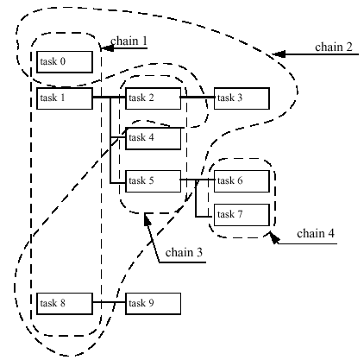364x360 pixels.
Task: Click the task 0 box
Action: [65, 62]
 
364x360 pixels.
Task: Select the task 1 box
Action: [65, 98]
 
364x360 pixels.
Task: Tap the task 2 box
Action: [154, 98]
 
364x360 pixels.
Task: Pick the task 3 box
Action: [242, 98]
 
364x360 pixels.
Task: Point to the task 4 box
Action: [154, 138]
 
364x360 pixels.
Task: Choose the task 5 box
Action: [154, 181]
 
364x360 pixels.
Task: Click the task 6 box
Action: [242, 181]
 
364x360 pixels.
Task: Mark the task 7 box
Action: [242, 215]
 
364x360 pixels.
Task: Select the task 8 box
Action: [65, 304]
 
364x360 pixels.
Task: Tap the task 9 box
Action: [154, 304]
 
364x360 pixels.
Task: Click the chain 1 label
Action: [129, 41]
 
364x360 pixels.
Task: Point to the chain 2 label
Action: [334, 47]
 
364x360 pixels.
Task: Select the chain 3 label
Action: [184, 252]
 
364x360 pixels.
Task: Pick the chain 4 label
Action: [316, 233]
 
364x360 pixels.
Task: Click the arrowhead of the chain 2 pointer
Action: [279, 54]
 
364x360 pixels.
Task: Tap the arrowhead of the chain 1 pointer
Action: [107, 48]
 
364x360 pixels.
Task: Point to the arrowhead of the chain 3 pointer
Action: [147, 219]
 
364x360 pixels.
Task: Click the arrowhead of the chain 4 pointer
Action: [274, 238]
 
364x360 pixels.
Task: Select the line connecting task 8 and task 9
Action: [110, 302]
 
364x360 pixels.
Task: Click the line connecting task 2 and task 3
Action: [198, 98]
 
